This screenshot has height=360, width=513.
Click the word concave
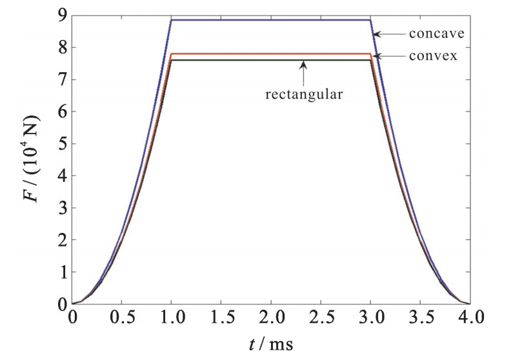[432, 34]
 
